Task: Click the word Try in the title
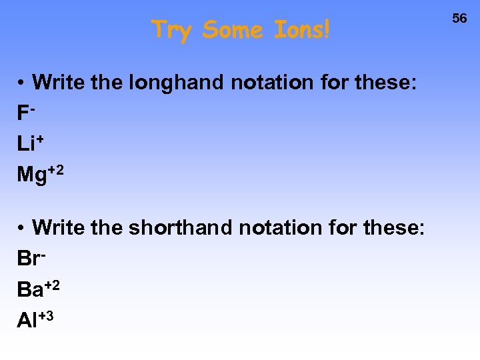pyautogui.click(x=173, y=30)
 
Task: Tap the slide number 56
pyautogui.click(x=460, y=19)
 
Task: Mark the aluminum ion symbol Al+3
pyautogui.click(x=35, y=320)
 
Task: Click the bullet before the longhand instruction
pyautogui.click(x=22, y=83)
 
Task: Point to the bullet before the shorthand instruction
pyautogui.click(x=22, y=228)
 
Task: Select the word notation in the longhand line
pyautogui.click(x=273, y=83)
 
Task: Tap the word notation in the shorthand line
pyautogui.click(x=281, y=228)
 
